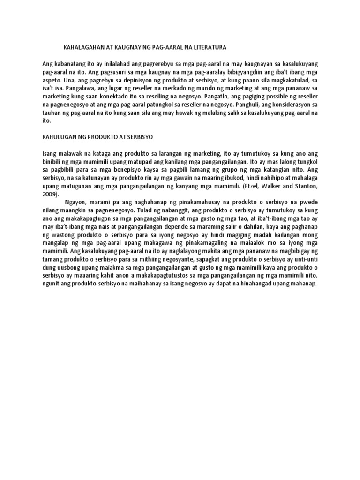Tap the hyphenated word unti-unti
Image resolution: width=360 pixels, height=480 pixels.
[307, 260]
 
